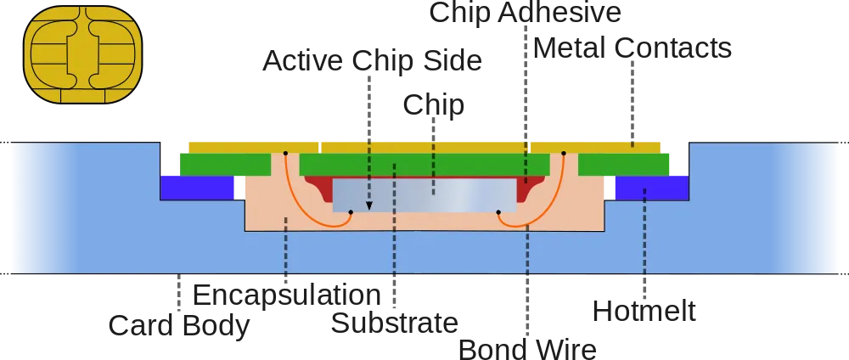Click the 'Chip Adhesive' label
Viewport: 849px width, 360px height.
click(525, 12)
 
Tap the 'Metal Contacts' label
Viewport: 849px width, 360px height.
click(633, 48)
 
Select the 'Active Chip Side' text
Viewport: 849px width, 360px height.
click(372, 60)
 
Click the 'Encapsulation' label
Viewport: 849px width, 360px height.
click(286, 295)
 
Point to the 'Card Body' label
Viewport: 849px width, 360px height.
click(178, 325)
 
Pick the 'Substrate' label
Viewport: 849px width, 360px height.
click(394, 323)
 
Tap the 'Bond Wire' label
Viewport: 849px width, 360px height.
click(527, 349)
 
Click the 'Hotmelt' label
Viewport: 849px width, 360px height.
click(644, 312)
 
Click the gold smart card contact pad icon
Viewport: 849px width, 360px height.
click(83, 54)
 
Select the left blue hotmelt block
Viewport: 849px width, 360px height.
click(197, 188)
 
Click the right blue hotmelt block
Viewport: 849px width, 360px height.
click(652, 188)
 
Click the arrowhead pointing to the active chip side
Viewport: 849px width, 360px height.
click(369, 205)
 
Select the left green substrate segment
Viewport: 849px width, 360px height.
click(225, 165)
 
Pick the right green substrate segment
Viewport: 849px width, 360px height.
click(623, 165)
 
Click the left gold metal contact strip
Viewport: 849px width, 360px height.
click(253, 148)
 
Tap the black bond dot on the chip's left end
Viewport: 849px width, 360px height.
click(351, 212)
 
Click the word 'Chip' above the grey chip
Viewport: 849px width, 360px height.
click(433, 104)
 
